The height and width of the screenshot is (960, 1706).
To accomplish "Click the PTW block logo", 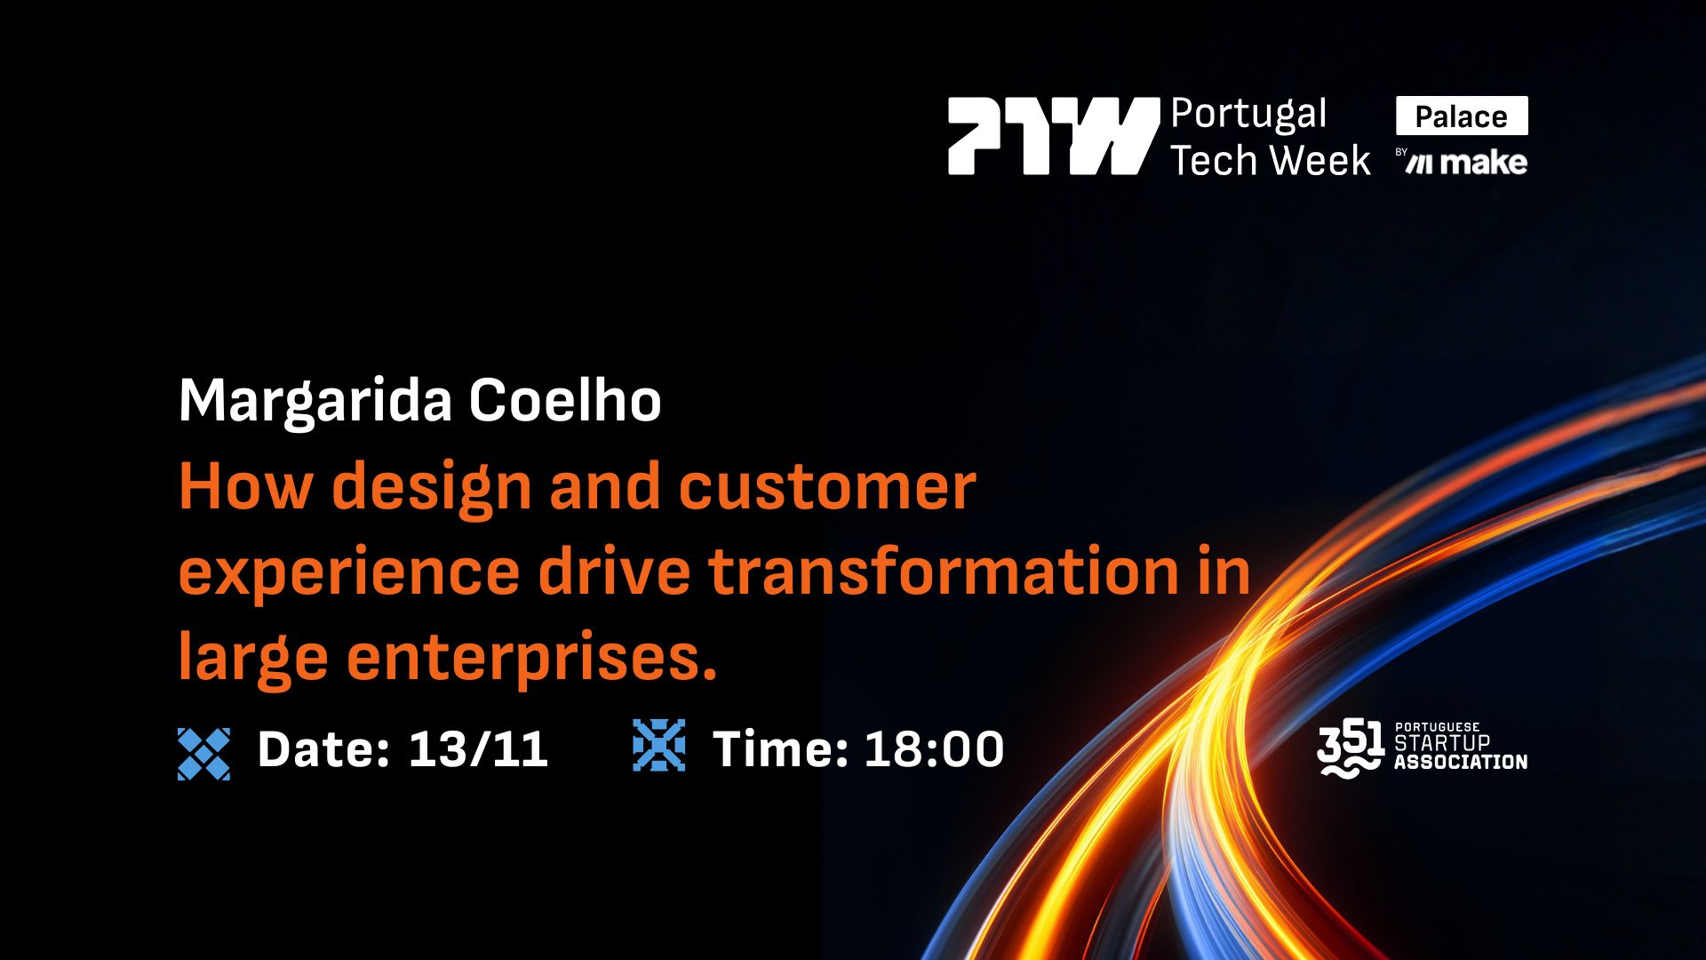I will coord(1053,136).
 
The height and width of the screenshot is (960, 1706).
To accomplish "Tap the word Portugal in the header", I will coord(1248,115).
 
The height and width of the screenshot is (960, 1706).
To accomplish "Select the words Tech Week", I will coord(1270,161).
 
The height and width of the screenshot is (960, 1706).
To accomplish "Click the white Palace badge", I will coord(1462,116).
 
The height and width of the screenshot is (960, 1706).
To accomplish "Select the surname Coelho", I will coord(565,400).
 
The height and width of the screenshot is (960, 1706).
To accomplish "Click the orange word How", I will coord(246,486).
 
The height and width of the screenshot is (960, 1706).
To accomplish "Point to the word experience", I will coord(348,573).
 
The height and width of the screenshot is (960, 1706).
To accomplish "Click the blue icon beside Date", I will coord(203,754).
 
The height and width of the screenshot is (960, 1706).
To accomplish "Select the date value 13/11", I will coord(478,748).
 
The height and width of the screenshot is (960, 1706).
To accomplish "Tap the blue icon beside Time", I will coord(658,745).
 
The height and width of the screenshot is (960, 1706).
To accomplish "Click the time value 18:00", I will coord(934,748).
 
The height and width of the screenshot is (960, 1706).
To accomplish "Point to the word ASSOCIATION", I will coord(1461,762).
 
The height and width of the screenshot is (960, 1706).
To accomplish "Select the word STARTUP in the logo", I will coord(1442,743).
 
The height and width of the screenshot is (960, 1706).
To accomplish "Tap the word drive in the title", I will coord(614,572).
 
